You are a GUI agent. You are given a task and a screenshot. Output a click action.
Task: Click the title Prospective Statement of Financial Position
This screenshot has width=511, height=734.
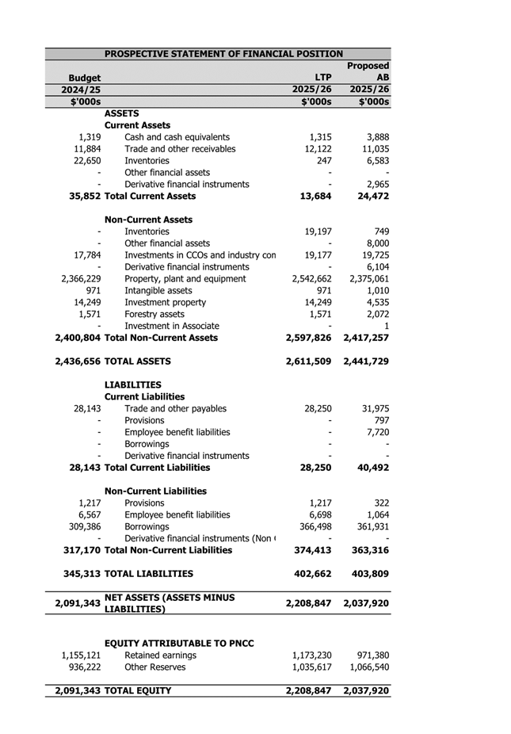(224, 54)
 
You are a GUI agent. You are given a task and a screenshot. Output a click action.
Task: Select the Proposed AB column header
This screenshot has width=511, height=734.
(368, 71)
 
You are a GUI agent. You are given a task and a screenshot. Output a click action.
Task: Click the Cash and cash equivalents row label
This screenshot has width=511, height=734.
(177, 137)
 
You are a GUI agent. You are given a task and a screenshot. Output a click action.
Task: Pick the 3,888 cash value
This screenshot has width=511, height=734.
(372, 137)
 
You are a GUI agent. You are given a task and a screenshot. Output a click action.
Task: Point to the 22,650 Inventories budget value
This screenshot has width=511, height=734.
(87, 161)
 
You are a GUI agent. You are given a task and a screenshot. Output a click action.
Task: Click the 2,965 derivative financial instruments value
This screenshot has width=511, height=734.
(372, 184)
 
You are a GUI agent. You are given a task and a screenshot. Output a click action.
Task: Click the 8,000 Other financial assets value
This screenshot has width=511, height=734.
(372, 243)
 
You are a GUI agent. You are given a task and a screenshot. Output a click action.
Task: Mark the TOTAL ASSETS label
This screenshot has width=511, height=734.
(137, 361)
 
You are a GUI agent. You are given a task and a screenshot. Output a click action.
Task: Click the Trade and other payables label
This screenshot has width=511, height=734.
(175, 409)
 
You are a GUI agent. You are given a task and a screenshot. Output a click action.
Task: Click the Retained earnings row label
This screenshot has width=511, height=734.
(161, 656)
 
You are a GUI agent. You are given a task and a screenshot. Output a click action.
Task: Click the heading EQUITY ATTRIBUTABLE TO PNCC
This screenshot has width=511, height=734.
(179, 643)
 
